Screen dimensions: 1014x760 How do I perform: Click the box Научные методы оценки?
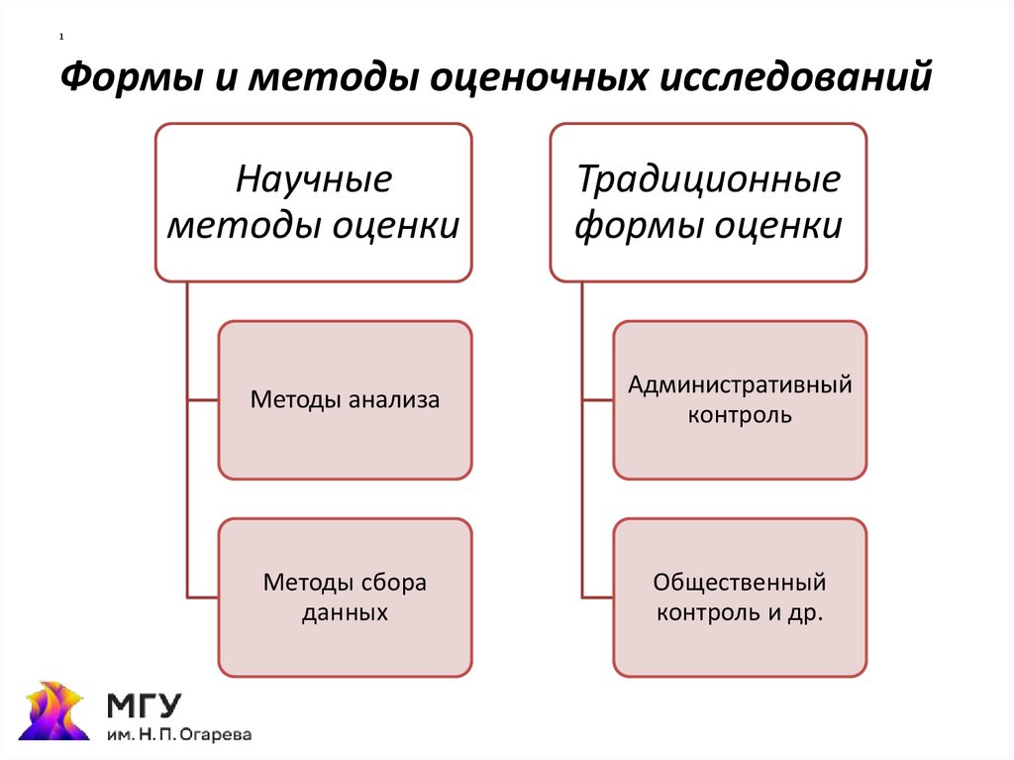pyautogui.click(x=313, y=202)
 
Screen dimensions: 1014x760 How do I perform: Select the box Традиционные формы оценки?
pyautogui.click(x=708, y=202)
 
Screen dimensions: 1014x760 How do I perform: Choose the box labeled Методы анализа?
pyautogui.click(x=345, y=400)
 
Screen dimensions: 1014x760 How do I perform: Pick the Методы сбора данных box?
pyautogui.click(x=345, y=597)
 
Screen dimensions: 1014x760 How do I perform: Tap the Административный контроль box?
pyautogui.click(x=740, y=400)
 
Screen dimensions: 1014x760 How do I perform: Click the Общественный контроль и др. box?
pyautogui.click(x=740, y=597)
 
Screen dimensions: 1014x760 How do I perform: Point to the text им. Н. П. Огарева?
pyautogui.click(x=179, y=735)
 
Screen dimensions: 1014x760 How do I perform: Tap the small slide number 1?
pyautogui.click(x=61, y=38)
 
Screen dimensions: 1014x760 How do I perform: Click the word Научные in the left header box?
pyautogui.click(x=314, y=181)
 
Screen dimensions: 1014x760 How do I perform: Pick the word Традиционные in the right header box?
pyautogui.click(x=709, y=181)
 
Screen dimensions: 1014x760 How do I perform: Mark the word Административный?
pyautogui.click(x=740, y=385)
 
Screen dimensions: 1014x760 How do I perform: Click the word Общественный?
pyautogui.click(x=740, y=583)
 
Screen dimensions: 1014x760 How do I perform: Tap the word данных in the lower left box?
pyautogui.click(x=345, y=613)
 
